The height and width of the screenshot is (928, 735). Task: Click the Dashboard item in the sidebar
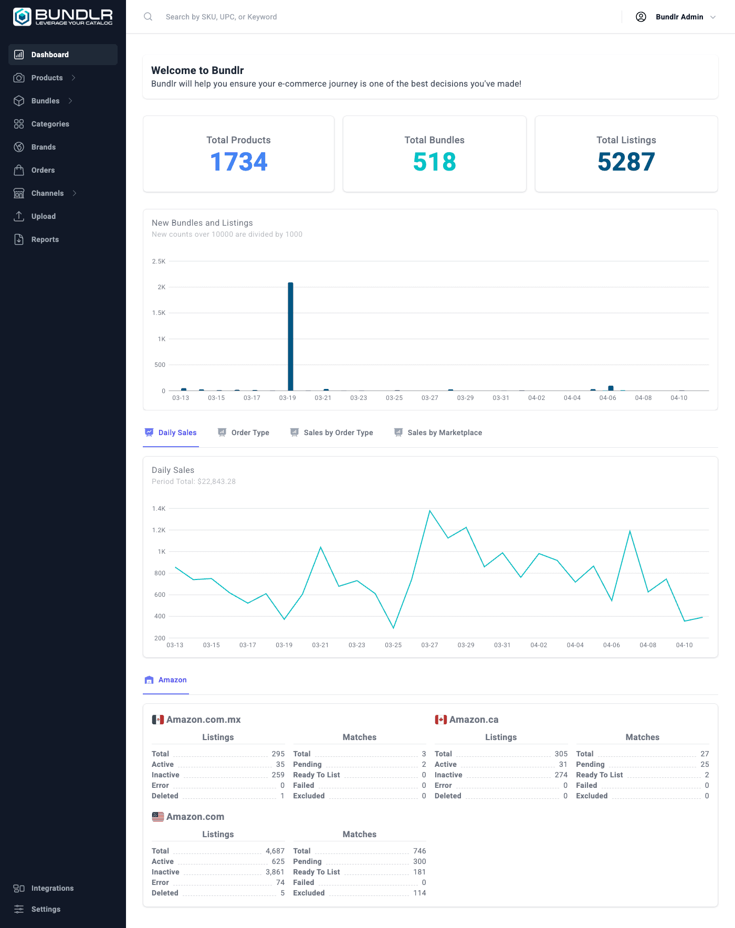click(50, 55)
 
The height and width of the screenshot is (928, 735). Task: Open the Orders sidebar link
click(43, 170)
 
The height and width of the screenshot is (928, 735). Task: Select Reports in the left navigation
click(45, 239)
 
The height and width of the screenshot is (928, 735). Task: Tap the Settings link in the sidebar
click(46, 909)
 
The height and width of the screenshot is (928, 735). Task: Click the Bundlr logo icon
click(22, 17)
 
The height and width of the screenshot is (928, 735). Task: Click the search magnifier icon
click(148, 17)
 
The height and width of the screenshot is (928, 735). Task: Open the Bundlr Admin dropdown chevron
click(713, 17)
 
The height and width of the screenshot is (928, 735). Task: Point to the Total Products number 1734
click(238, 162)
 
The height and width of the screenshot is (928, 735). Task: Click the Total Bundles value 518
click(434, 162)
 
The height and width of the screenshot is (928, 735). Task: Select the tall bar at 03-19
click(290, 336)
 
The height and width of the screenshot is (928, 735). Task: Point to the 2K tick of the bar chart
click(161, 287)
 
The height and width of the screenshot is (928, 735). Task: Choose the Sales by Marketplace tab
click(444, 433)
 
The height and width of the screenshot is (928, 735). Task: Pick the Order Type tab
click(250, 433)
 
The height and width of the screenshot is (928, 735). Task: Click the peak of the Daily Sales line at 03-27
click(429, 511)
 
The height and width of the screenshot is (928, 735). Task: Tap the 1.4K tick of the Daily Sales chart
click(159, 509)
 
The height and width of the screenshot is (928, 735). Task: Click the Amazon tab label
click(172, 680)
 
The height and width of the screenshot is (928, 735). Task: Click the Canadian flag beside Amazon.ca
click(440, 720)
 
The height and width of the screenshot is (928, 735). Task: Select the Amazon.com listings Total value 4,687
click(275, 851)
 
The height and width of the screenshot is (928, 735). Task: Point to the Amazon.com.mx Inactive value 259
click(278, 775)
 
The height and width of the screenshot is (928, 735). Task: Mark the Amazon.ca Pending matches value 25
click(705, 764)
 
